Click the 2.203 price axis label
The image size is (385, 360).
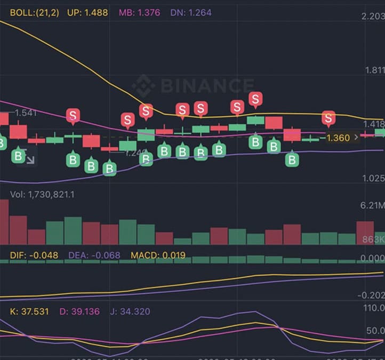tap(373, 17)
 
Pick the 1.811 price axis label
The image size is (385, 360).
tap(373, 70)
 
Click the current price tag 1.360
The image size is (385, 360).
tap(338, 138)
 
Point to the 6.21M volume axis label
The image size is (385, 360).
tap(373, 205)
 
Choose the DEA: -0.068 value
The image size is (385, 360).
tap(94, 255)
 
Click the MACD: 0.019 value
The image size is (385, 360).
tap(158, 255)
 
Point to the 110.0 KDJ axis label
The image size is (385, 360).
tap(373, 308)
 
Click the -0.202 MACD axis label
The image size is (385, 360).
tap(371, 295)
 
